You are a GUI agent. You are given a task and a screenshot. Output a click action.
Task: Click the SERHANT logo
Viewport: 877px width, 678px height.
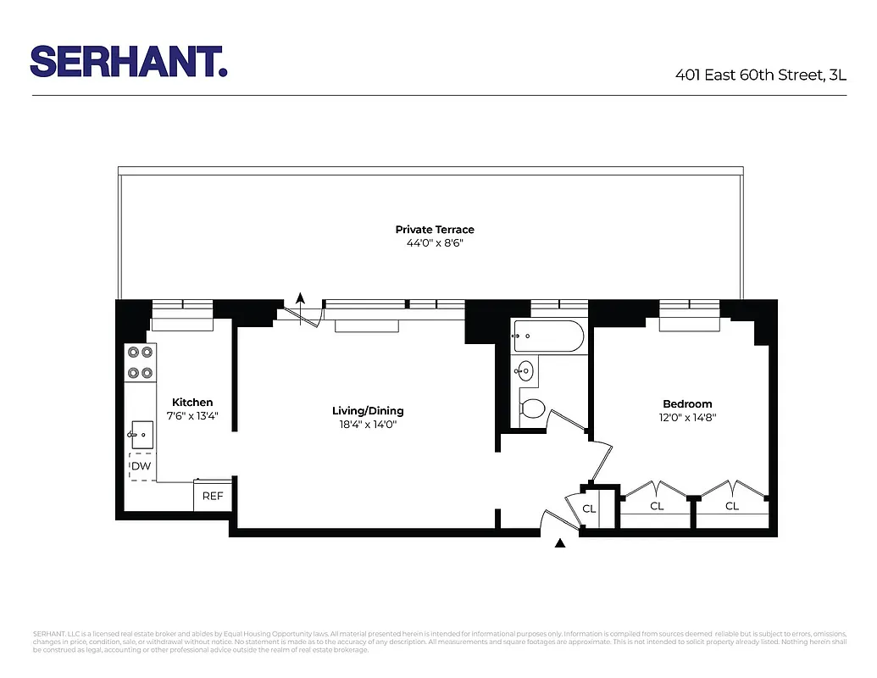click(129, 61)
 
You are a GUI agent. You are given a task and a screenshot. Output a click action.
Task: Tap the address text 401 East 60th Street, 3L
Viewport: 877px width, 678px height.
click(760, 75)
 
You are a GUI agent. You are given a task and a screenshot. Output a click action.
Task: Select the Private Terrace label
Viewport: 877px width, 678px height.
click(435, 230)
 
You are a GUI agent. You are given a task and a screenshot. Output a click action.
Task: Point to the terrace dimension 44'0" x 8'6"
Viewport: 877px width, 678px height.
click(435, 243)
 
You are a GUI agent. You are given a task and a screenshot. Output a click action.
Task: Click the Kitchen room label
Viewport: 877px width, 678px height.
click(192, 403)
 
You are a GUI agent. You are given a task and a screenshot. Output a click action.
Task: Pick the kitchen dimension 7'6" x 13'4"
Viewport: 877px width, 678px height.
click(192, 416)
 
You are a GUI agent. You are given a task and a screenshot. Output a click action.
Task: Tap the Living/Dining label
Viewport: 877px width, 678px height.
click(368, 411)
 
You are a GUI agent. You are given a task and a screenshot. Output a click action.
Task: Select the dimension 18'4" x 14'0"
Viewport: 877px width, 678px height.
click(368, 425)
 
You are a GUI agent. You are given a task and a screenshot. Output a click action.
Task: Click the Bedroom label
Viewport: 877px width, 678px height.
click(687, 404)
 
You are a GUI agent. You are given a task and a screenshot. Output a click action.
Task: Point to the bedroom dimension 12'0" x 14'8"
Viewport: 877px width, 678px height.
click(687, 418)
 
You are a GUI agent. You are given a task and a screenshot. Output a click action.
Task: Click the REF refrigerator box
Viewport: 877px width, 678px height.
click(212, 496)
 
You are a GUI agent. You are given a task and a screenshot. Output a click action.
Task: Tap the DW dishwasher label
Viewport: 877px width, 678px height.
click(142, 466)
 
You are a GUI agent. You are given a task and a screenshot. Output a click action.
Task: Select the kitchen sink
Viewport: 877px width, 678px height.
click(141, 435)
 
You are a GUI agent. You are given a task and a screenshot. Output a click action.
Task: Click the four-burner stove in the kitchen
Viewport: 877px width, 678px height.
click(140, 362)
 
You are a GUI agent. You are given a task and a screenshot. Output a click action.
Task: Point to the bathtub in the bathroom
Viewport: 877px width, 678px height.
click(548, 336)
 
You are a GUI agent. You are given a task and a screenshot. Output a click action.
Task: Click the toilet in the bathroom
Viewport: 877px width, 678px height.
click(532, 408)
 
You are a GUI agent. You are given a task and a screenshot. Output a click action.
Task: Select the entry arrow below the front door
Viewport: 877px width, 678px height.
click(559, 544)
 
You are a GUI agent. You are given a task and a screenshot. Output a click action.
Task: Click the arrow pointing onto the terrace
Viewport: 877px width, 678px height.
click(299, 297)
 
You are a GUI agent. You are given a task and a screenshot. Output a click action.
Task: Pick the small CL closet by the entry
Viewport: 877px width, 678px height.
click(589, 509)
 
